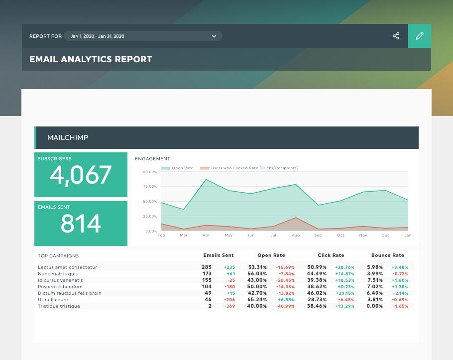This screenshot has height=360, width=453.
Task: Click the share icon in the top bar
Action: click(396, 36)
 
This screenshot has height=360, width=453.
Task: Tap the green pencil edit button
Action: click(420, 36)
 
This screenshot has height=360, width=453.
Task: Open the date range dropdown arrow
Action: click(214, 36)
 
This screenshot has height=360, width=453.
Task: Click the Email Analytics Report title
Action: click(91, 59)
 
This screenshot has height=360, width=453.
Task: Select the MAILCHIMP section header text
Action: click(68, 137)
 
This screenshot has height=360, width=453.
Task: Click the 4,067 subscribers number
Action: click(81, 175)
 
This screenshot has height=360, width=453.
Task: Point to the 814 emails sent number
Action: click(81, 224)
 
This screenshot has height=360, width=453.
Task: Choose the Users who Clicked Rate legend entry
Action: click(249, 168)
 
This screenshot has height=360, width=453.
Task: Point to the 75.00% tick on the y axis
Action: click(149, 187)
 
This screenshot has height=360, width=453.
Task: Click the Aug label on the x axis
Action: click(296, 235)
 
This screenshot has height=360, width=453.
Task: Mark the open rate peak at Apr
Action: click(206, 179)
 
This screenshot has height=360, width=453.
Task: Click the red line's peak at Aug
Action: click(296, 218)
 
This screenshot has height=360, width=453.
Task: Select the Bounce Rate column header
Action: click(388, 255)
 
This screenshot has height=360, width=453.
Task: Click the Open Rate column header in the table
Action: click(271, 255)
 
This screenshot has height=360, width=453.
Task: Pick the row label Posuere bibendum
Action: click(60, 287)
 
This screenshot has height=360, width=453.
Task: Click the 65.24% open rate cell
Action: click(257, 300)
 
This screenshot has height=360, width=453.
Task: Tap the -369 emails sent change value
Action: click(229, 306)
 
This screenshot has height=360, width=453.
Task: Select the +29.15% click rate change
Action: click(344, 293)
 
